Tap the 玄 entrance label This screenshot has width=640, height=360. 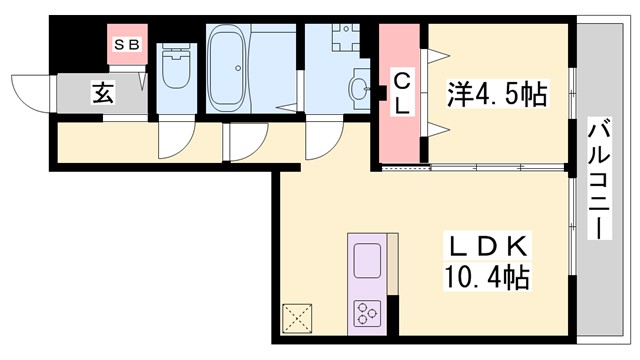coord(103,94)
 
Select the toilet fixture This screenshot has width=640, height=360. coord(175,68)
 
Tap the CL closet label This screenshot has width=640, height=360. coord(399,92)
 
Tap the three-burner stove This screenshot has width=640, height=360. coord(365,314)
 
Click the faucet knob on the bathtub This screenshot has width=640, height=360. coord(238,69)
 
